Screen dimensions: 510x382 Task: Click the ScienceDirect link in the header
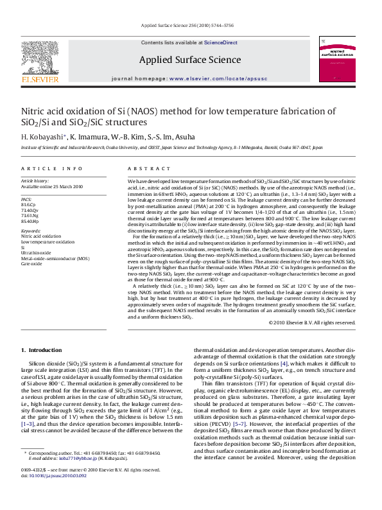tap(220, 42)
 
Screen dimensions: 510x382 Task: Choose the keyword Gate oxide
tap(31, 263)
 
